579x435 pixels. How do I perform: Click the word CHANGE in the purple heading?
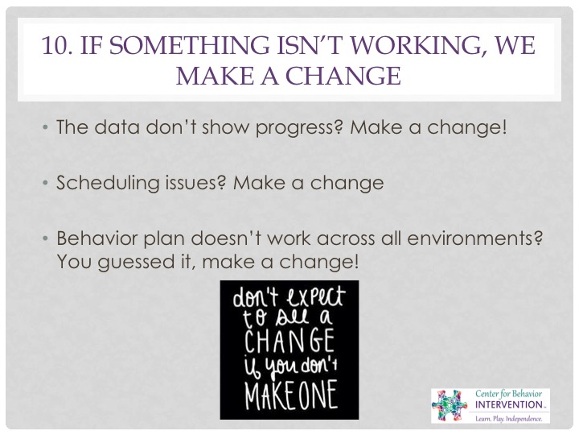tap(343, 76)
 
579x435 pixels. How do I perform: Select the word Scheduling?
tap(108, 183)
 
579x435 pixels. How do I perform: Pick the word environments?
tap(474, 238)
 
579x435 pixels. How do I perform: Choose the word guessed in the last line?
tap(136, 263)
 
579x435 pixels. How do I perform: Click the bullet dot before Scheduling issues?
tap(45, 183)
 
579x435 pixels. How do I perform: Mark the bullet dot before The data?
tap(45, 127)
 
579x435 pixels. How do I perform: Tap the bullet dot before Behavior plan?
tap(45, 238)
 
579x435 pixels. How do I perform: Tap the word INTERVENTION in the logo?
tap(508, 404)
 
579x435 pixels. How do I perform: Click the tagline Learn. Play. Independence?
tap(509, 419)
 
